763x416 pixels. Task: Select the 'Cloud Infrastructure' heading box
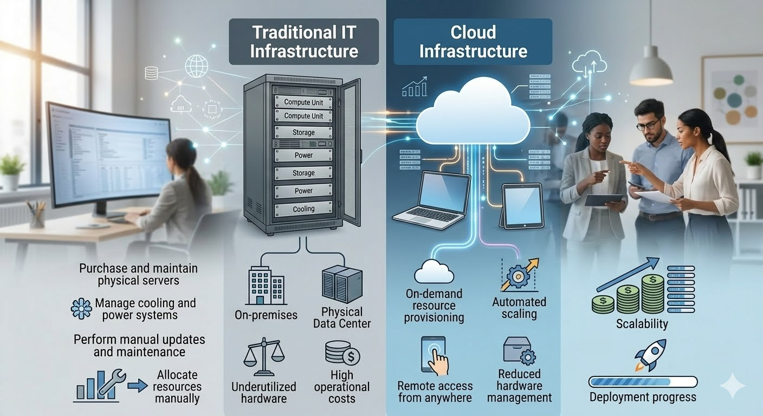tap(473, 42)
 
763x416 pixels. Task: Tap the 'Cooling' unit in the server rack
tap(303, 209)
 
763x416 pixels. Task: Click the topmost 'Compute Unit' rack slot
tap(303, 102)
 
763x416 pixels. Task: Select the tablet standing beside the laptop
tap(521, 205)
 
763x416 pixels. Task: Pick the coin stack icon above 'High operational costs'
tap(342, 353)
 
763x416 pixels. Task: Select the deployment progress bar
tap(642, 381)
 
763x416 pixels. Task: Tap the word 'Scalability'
tap(642, 324)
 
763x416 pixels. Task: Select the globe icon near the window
tap(196, 66)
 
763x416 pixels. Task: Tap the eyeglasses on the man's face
tap(648, 125)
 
